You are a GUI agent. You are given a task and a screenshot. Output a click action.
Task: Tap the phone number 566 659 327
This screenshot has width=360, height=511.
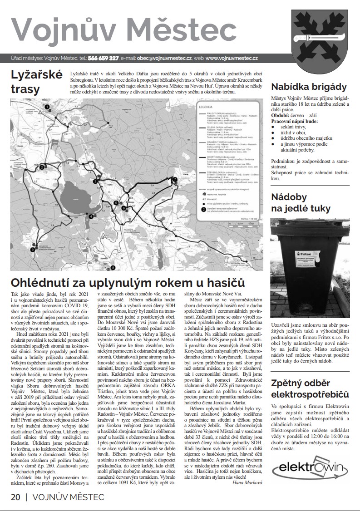click(x=103, y=59)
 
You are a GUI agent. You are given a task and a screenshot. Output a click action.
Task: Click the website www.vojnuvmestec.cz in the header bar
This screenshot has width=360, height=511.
click(x=232, y=59)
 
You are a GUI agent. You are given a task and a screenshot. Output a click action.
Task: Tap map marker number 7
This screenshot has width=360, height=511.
click(x=175, y=180)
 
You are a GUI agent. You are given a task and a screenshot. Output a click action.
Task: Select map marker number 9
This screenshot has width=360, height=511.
click(x=33, y=249)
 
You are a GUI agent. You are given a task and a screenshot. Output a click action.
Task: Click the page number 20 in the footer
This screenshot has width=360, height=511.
click(x=15, y=497)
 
